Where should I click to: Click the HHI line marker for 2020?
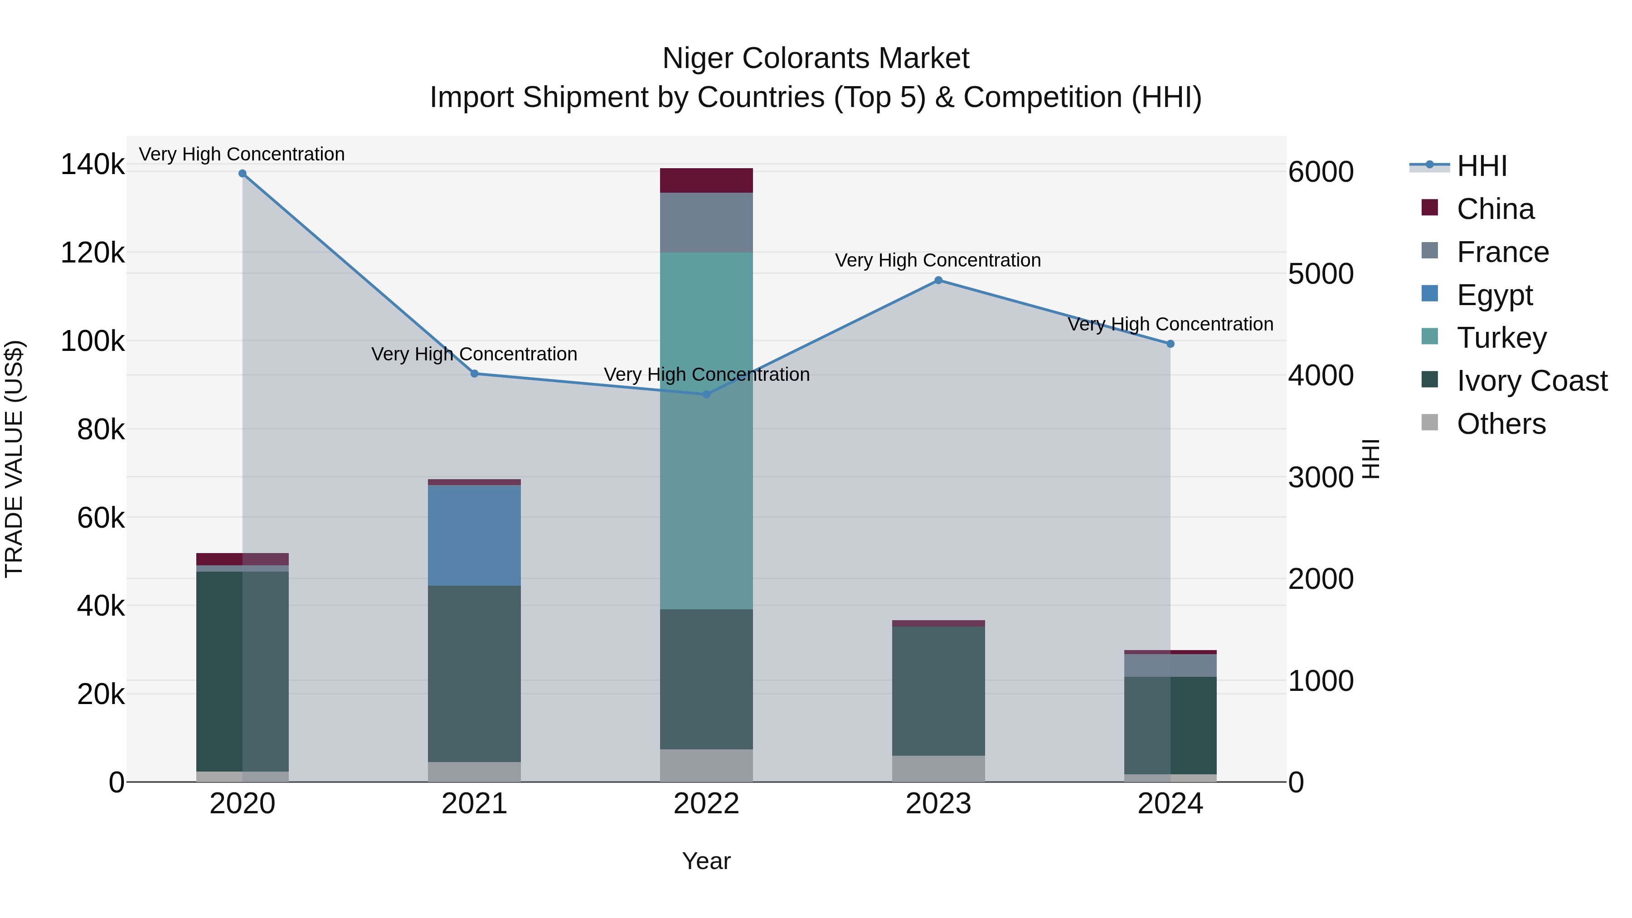tap(242, 174)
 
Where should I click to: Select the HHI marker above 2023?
tap(938, 281)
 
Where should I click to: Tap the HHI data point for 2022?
tap(706, 394)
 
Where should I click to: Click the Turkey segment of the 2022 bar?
tap(706, 431)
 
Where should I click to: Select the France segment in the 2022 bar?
tap(706, 223)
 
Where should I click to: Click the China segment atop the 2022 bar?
tap(706, 180)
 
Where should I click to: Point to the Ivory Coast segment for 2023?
tap(938, 690)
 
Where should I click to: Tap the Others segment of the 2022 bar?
tap(706, 765)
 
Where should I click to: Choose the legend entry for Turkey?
tap(1501, 338)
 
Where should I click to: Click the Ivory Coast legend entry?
tap(1531, 381)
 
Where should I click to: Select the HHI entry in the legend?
tap(1481, 166)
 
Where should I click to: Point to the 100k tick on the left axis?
tap(92, 341)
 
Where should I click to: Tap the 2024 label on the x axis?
tap(1170, 804)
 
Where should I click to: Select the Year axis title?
tap(706, 861)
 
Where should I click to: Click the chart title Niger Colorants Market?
tap(816, 58)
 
